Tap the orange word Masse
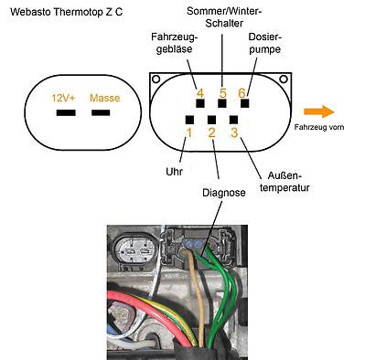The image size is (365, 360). [x=104, y=97]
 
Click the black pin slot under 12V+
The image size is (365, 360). [x=66, y=113]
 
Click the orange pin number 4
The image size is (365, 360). [x=199, y=93]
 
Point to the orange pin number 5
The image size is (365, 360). [x=221, y=93]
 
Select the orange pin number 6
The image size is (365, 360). [x=242, y=93]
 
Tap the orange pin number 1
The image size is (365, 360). [x=188, y=133]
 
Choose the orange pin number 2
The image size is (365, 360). [x=212, y=133]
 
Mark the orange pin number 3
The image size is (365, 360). [x=234, y=133]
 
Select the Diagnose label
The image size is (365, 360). [x=222, y=194]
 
